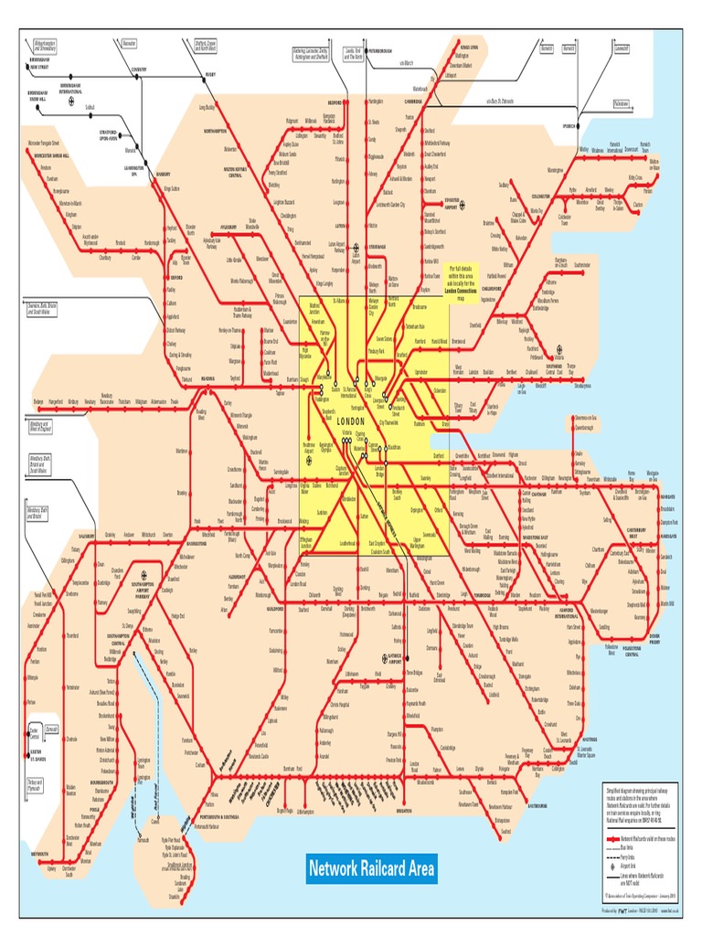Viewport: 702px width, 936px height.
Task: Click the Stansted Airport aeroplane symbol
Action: point(462,205)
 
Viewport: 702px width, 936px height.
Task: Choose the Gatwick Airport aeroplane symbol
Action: point(380,656)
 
